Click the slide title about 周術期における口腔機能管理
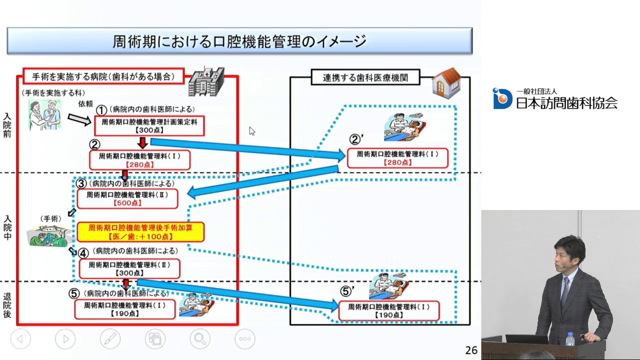pyautogui.click(x=239, y=41)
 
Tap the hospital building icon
pyautogui.click(x=205, y=82)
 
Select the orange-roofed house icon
pyautogui.click(x=446, y=83)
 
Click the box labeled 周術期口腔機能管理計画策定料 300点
pyautogui.click(x=149, y=125)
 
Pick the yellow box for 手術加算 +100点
pyautogui.click(x=140, y=232)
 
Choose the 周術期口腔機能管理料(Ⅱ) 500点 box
pyautogui.click(x=127, y=198)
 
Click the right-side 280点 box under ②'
pyautogui.click(x=397, y=158)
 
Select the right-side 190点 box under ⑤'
pyautogui.click(x=388, y=310)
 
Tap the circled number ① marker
pyautogui.click(x=102, y=110)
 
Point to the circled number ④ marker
pyautogui.click(x=83, y=253)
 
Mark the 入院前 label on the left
pyautogui.click(x=7, y=125)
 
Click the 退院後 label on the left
pyautogui.click(x=7, y=305)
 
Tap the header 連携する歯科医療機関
pyautogui.click(x=365, y=77)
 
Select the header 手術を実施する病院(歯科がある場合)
pyautogui.click(x=103, y=76)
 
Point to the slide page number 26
pyautogui.click(x=471, y=350)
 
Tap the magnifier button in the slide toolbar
pyautogui.click(x=199, y=339)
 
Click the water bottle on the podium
pyautogui.click(x=570, y=339)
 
